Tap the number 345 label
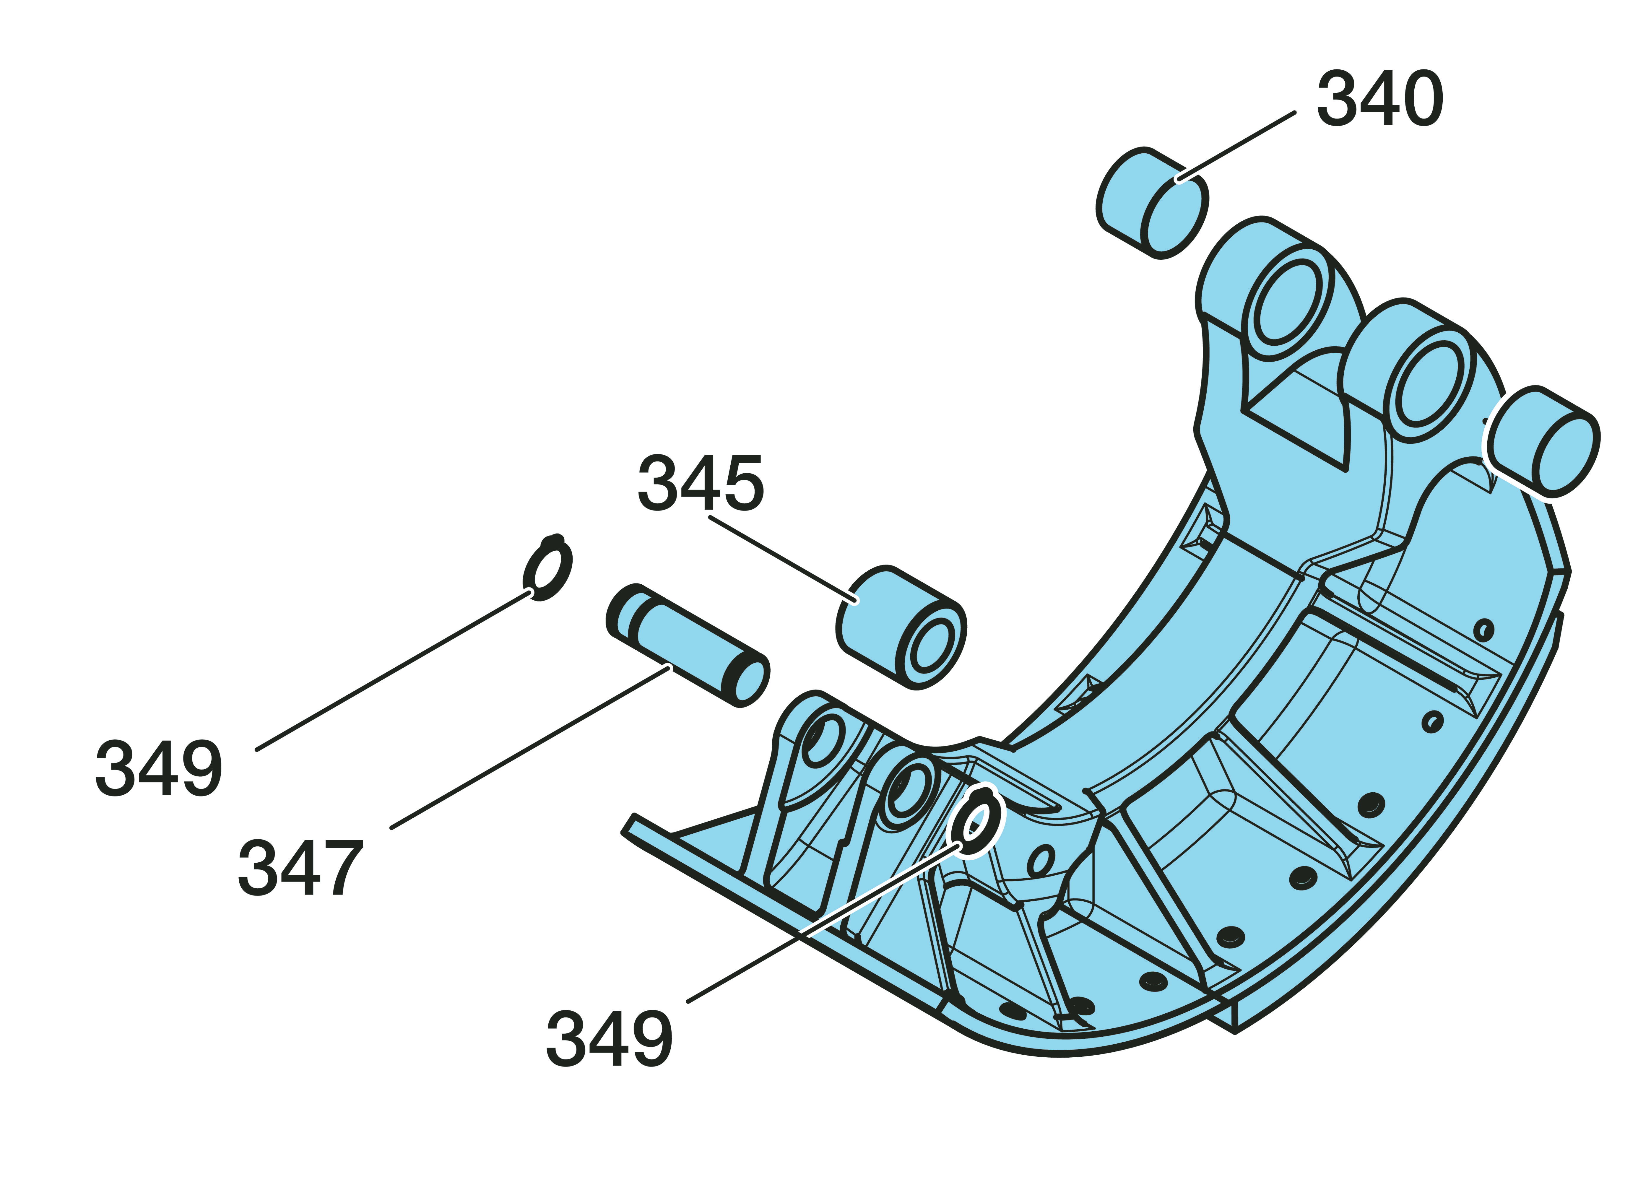pyautogui.click(x=700, y=483)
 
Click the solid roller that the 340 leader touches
pyautogui.click(x=1153, y=203)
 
